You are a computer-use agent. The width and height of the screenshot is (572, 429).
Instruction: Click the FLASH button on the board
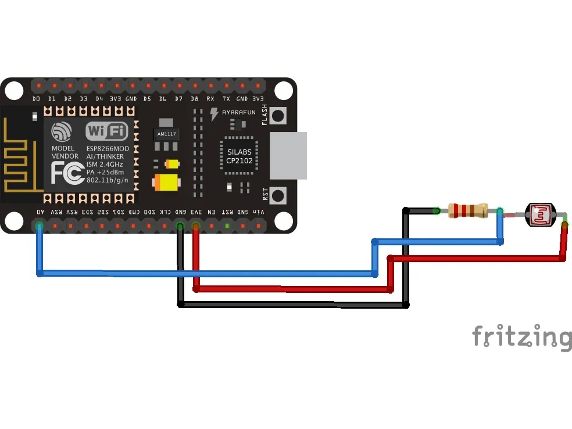[280, 116]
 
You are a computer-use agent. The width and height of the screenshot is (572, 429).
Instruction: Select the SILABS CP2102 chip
[239, 156]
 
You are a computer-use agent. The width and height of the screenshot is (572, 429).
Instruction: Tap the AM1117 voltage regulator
[167, 134]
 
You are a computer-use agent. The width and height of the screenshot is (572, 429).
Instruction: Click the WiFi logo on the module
[107, 131]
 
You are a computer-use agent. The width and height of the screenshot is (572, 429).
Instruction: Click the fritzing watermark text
[521, 337]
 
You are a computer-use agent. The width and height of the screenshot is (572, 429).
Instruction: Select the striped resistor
[469, 211]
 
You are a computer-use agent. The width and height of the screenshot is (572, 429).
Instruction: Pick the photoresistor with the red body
[540, 215]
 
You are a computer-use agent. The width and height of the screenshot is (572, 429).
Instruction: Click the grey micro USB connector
[288, 155]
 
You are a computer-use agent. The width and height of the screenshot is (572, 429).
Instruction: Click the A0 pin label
[40, 213]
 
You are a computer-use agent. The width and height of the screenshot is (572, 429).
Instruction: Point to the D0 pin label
[37, 99]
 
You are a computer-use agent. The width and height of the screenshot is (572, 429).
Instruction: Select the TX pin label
[227, 99]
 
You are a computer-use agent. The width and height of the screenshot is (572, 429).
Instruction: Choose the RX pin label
[210, 99]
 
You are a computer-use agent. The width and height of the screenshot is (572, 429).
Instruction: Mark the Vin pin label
[259, 213]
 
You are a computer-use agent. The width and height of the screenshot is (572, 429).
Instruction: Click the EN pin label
[212, 213]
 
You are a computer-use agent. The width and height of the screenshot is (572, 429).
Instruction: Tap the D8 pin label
[195, 99]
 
